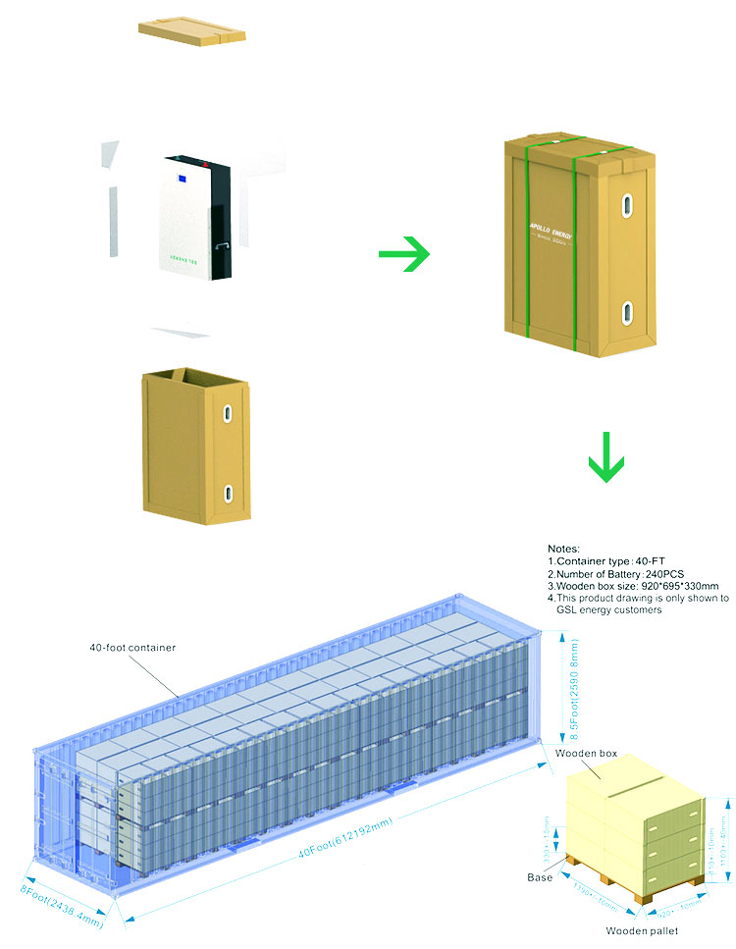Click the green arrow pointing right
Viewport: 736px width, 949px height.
click(404, 255)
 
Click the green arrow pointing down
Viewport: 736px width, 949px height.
click(606, 460)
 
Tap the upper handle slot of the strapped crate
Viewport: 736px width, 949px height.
click(626, 207)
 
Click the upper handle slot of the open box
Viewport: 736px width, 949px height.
click(228, 414)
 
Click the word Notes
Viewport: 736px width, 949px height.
click(563, 548)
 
